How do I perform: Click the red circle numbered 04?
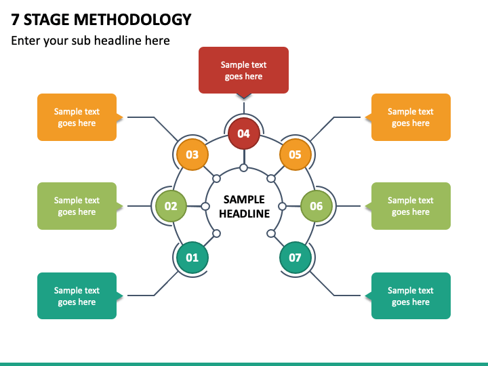coord(243,134)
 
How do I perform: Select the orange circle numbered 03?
coord(192,155)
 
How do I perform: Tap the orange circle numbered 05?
coord(295,155)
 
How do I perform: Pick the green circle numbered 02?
coord(171,206)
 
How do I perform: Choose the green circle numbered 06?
coord(317,206)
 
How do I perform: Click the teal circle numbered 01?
coord(192,258)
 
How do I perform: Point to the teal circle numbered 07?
coord(295,258)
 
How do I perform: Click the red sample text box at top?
coord(243,70)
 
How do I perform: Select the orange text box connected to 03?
coord(77,117)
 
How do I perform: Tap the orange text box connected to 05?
coord(411,117)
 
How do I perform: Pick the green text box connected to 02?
coord(77,206)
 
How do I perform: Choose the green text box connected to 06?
coord(411,206)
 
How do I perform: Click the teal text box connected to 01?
coord(77,296)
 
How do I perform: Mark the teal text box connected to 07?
coord(411,296)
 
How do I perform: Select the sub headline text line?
coord(90,41)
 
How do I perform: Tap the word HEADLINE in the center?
coord(244,213)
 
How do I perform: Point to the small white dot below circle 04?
coord(243,168)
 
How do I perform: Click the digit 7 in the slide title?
coord(16,20)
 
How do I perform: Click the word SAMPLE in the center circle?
coord(244,199)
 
